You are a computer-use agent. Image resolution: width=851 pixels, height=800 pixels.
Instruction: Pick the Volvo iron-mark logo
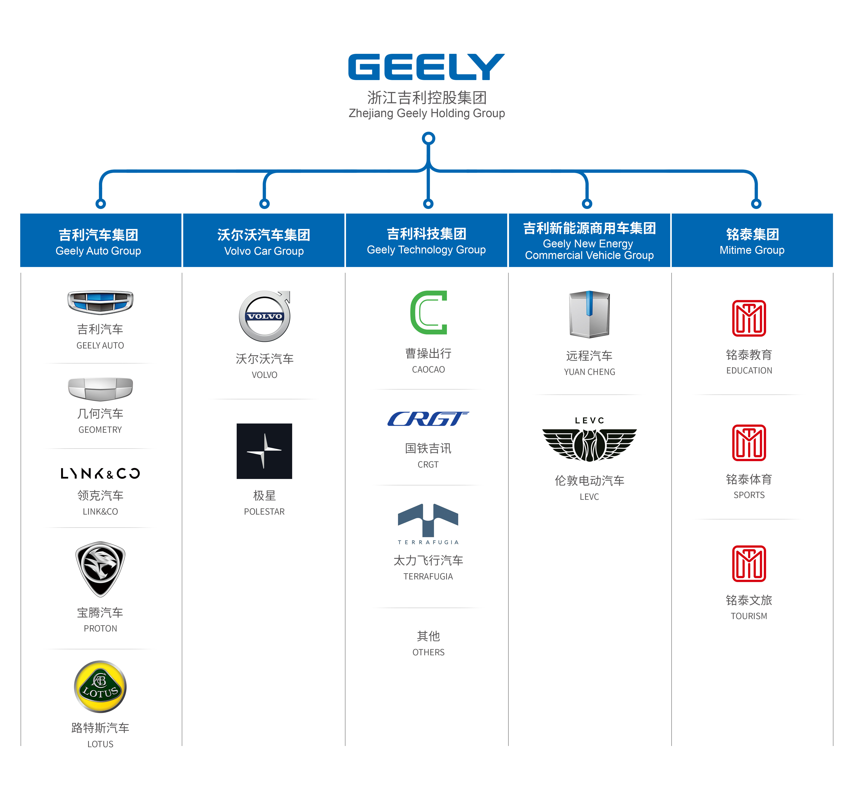pos(265,316)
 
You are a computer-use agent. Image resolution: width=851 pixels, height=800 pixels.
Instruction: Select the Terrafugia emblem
pos(428,522)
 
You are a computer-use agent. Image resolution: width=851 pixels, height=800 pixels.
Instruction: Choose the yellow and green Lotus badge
pos(100,687)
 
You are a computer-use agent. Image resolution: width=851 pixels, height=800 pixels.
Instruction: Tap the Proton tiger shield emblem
pos(100,569)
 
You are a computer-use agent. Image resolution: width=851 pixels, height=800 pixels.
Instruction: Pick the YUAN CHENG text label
pos(589,372)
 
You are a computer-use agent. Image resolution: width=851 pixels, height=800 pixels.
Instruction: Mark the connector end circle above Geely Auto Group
pos(101,204)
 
